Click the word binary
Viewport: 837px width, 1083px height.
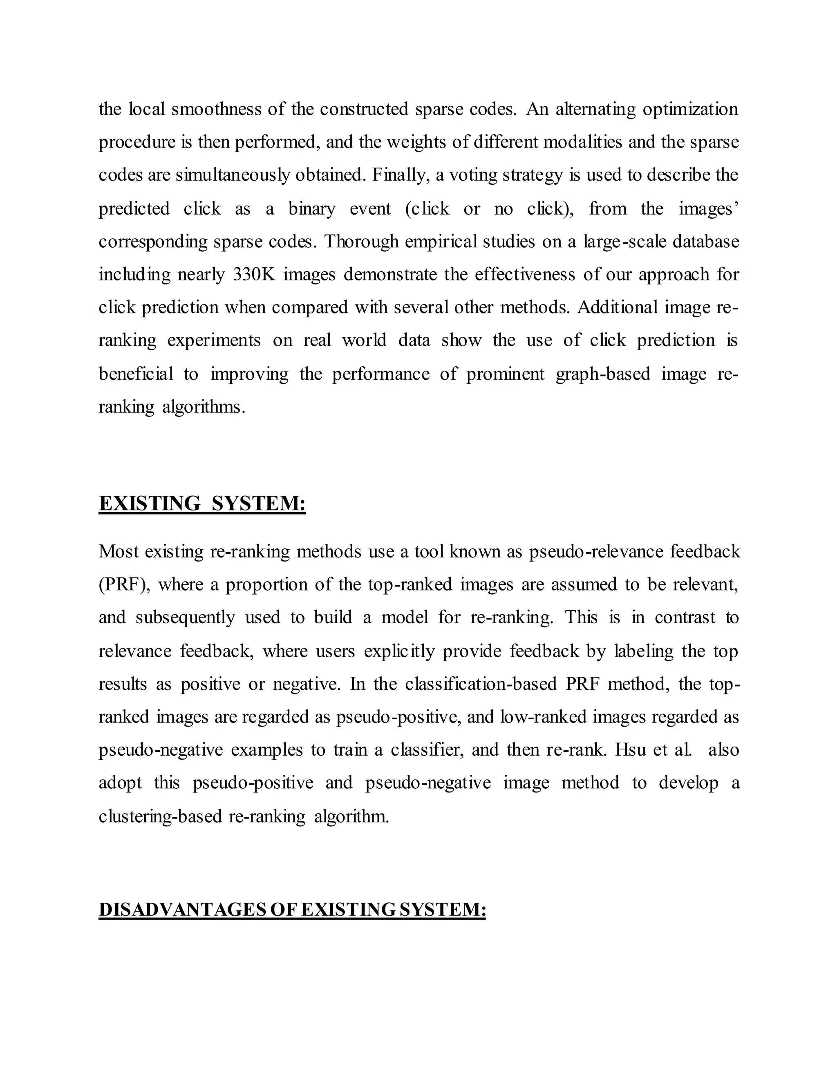[311, 208]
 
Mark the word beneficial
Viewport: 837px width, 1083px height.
[136, 374]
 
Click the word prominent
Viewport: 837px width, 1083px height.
[505, 374]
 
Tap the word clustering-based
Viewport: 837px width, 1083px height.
[160, 816]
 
